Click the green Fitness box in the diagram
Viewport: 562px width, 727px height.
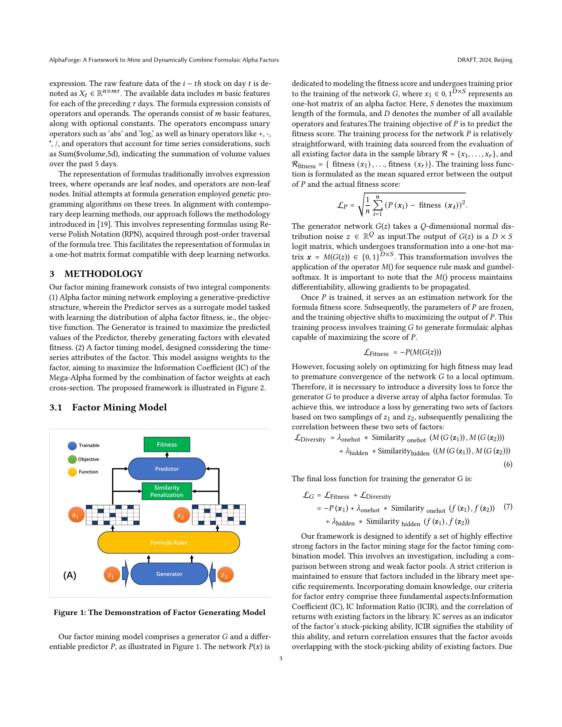point(167,444)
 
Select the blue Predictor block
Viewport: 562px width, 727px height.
point(167,469)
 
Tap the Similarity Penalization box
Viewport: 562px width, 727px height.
point(167,491)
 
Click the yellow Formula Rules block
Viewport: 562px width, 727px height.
point(169,542)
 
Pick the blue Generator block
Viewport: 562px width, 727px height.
point(169,574)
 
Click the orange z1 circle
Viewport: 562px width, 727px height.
point(111,575)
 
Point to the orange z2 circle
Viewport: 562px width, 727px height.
point(225,575)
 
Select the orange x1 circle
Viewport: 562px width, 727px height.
point(76,515)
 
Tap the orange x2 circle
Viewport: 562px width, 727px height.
point(181,515)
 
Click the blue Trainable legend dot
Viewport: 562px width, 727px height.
point(72,446)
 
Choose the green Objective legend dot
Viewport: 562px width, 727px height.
point(72,459)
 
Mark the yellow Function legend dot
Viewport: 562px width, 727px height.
point(72,472)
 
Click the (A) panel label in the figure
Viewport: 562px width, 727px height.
point(69,575)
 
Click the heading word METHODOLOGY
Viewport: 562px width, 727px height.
point(103,274)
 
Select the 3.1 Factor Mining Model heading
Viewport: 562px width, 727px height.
point(108,407)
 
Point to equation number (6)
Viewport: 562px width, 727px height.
point(508,464)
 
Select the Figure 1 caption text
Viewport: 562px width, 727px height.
point(159,612)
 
